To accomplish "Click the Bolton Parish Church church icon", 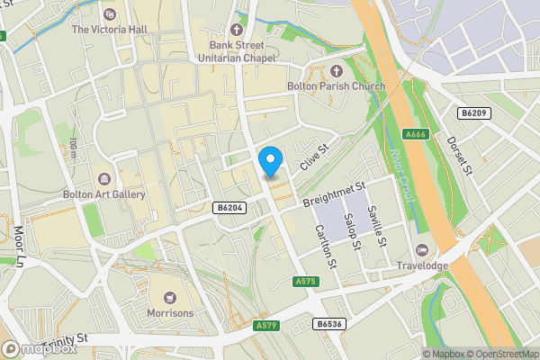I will tap(337, 71).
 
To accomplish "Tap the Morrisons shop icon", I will tap(169, 297).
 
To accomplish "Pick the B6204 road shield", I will tap(229, 207).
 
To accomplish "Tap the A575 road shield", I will tap(306, 282).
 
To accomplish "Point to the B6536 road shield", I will tap(328, 322).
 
